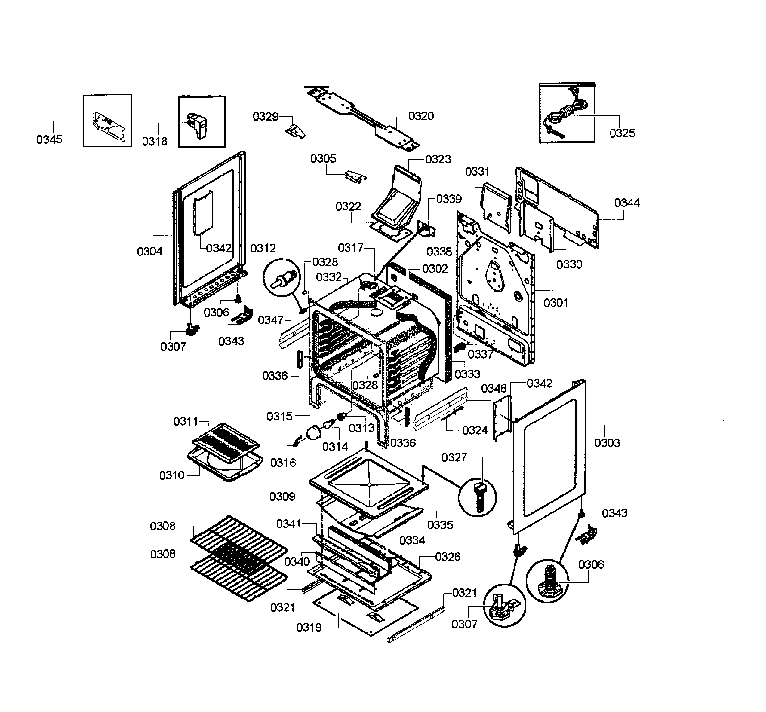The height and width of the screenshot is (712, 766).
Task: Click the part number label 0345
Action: click(x=49, y=139)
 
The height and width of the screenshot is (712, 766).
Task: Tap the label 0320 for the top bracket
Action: click(x=421, y=116)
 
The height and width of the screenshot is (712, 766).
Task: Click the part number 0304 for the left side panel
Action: click(x=149, y=252)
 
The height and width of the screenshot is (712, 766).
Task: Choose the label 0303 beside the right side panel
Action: click(x=607, y=443)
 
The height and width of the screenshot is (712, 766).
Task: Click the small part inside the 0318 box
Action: click(x=197, y=125)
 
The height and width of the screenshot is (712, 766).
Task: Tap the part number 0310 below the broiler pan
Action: click(x=172, y=475)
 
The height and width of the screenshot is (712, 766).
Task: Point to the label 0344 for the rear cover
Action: click(x=627, y=203)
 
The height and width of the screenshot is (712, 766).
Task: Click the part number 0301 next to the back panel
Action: click(x=555, y=303)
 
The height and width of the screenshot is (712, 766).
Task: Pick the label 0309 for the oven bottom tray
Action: click(x=282, y=497)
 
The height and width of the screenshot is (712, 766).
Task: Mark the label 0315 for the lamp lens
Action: click(x=279, y=416)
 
